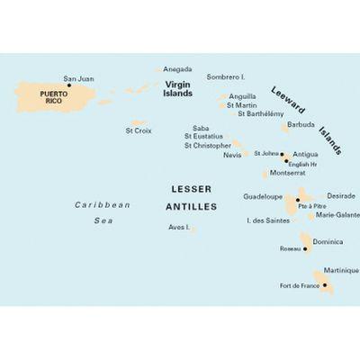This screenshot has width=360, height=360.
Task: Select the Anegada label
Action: click(x=177, y=69)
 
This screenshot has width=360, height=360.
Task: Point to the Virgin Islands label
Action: click(x=179, y=86)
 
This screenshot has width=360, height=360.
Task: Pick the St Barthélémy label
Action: click(x=261, y=113)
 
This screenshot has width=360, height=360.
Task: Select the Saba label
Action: click(x=202, y=129)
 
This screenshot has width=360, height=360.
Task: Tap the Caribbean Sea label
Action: click(x=101, y=211)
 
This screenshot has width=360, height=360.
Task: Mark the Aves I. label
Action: click(x=179, y=227)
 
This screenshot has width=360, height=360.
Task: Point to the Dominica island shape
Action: click(x=314, y=244)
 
